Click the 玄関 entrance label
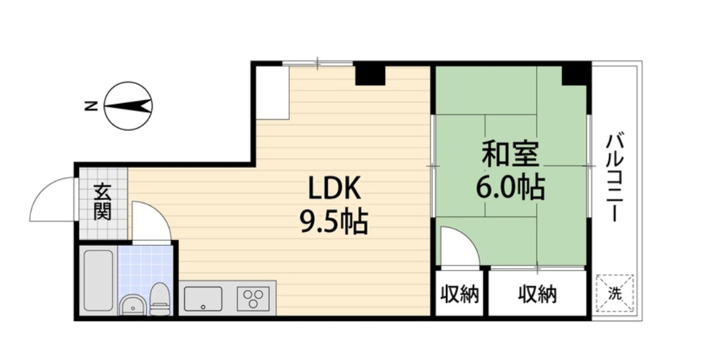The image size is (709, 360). click(x=102, y=203)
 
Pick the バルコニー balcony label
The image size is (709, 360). click(x=615, y=177)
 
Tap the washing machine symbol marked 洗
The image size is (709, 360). click(x=615, y=294)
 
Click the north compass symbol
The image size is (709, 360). click(x=129, y=106)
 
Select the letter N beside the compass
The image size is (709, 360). click(x=91, y=106)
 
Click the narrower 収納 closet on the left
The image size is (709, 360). click(x=459, y=294)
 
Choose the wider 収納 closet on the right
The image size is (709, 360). click(x=538, y=294)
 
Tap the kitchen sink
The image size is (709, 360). click(x=203, y=299)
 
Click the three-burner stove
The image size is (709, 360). click(x=254, y=299)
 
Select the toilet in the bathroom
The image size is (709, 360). click(x=159, y=300)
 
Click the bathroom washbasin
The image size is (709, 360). click(x=133, y=306)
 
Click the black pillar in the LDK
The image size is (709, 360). click(x=370, y=74)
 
